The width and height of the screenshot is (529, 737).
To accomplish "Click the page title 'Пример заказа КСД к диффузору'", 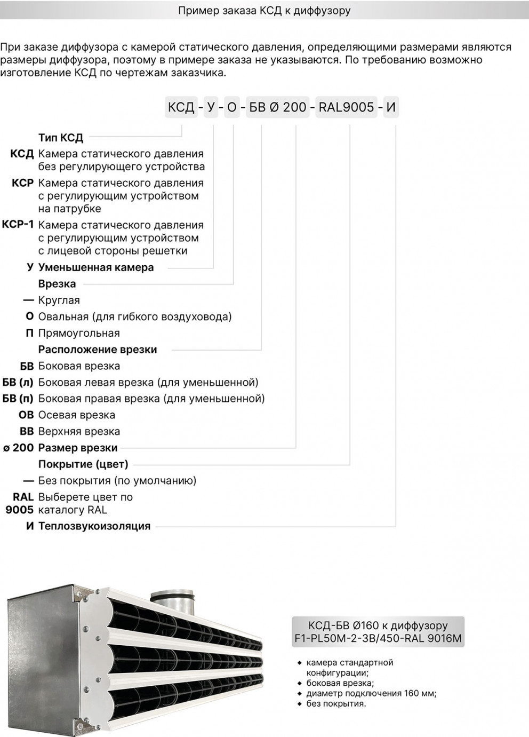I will coord(264,11).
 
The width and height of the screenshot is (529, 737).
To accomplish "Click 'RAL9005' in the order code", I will coord(346,107).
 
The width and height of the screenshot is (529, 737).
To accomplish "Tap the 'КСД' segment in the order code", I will coord(181,107).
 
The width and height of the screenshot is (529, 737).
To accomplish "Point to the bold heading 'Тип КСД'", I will coord(61,138).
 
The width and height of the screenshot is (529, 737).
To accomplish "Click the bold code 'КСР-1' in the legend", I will coord(18,225).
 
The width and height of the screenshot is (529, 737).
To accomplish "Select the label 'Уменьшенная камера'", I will coord(96,267).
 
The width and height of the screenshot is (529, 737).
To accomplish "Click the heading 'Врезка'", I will coord(57,284).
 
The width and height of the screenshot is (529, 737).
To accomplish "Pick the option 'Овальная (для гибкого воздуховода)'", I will coord(135,316).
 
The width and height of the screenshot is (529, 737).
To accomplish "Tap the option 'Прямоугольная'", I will coord(79,333).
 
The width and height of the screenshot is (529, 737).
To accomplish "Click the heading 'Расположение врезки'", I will coord(98,350).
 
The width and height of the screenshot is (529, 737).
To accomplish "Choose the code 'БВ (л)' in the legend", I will coord(18,382).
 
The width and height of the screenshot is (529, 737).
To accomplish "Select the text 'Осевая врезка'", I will coord(77,415).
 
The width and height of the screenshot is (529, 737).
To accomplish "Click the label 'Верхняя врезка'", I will coord(79,431).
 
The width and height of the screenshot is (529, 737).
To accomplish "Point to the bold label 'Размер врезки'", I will coord(78,448).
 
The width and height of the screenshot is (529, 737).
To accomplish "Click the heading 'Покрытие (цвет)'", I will coord(83,464).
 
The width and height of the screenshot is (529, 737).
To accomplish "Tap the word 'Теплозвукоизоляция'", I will coord(94,526).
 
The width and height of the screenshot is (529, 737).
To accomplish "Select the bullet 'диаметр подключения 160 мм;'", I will coord(371,693).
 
